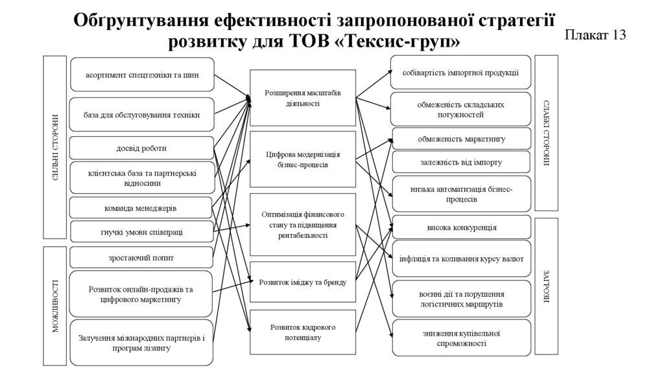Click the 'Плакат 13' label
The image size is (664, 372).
click(x=595, y=35)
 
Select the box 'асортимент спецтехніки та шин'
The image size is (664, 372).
click(x=141, y=75)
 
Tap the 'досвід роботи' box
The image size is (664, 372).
click(x=141, y=148)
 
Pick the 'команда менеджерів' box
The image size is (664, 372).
click(x=141, y=208)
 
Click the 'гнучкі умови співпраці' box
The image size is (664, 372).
click(x=141, y=231)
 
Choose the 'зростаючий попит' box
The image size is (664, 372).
click(x=141, y=257)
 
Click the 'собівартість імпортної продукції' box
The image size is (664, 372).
click(x=460, y=73)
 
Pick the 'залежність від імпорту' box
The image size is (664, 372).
click(x=460, y=162)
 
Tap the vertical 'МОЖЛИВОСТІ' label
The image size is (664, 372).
click(x=56, y=305)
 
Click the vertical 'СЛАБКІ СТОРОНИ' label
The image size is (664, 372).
click(x=547, y=134)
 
